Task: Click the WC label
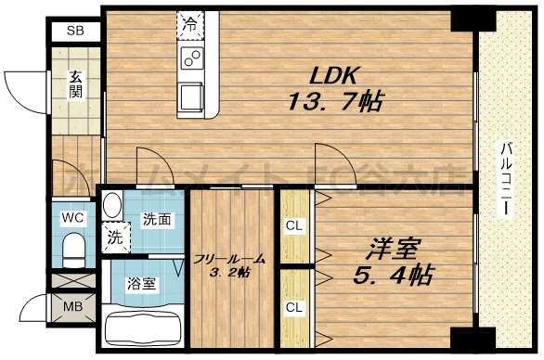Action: tap(71, 219)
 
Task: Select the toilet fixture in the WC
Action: tap(73, 249)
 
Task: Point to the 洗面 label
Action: tap(155, 220)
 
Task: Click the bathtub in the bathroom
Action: tap(144, 326)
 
